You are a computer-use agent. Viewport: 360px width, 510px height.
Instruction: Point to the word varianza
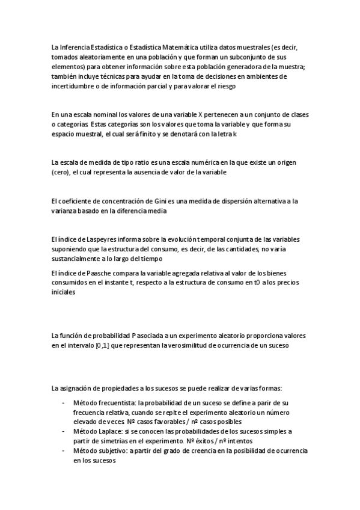coord(64,211)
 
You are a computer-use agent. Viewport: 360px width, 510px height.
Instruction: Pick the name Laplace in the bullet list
coord(109,431)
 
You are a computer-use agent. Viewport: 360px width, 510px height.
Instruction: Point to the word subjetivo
coord(111,450)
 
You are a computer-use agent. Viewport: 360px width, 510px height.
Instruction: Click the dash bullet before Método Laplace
coord(63,431)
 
